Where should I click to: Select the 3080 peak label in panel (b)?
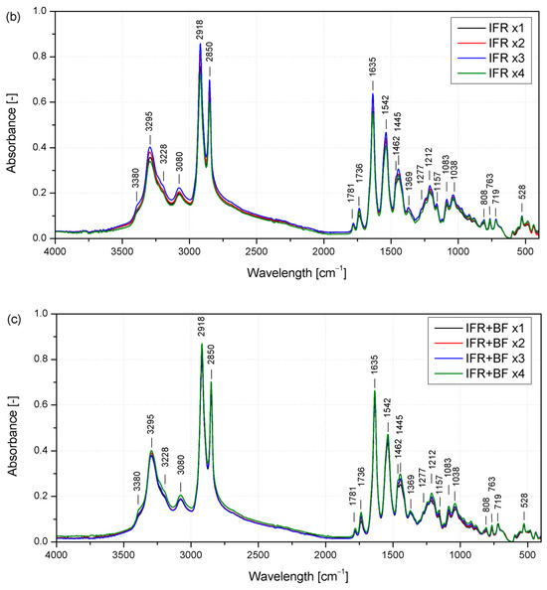pyautogui.click(x=180, y=168)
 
